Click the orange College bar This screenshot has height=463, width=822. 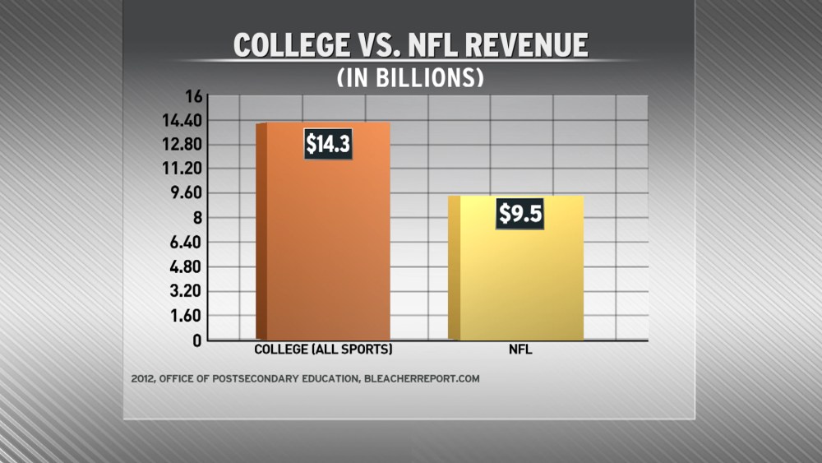323,247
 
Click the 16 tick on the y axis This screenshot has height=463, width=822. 193,96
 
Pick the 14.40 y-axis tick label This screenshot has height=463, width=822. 182,120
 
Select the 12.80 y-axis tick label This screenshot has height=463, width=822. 182,145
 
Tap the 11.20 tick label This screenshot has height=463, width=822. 182,169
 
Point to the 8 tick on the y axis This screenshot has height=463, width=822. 196,218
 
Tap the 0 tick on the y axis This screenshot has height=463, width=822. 196,340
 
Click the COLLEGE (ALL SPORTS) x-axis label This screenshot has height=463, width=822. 323,350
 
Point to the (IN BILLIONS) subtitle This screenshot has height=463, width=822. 410,76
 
